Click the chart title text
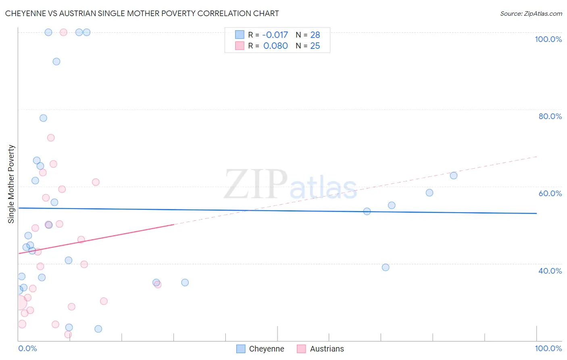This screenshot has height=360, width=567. (x=142, y=13)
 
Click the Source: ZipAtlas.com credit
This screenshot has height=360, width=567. (x=531, y=13)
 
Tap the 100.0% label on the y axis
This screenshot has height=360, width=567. (x=548, y=39)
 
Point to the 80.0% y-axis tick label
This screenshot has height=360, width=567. (x=550, y=116)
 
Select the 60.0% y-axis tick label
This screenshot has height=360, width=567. (x=550, y=193)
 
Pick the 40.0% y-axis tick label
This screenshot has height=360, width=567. (x=550, y=270)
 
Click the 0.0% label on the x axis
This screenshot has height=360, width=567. (x=27, y=348)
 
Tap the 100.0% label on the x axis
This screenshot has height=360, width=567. (x=548, y=348)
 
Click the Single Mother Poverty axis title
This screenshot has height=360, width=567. (x=11, y=184)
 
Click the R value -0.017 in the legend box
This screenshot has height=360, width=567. (x=275, y=35)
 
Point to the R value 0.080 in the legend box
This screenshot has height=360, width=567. (x=275, y=46)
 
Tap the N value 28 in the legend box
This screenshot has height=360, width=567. (x=315, y=35)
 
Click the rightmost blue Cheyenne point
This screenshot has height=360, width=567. (x=454, y=176)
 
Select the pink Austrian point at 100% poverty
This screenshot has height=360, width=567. (x=63, y=32)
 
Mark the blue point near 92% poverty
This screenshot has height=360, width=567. (x=56, y=62)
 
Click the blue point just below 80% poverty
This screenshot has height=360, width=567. (x=43, y=118)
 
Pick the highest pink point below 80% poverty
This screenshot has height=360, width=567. (x=51, y=138)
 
